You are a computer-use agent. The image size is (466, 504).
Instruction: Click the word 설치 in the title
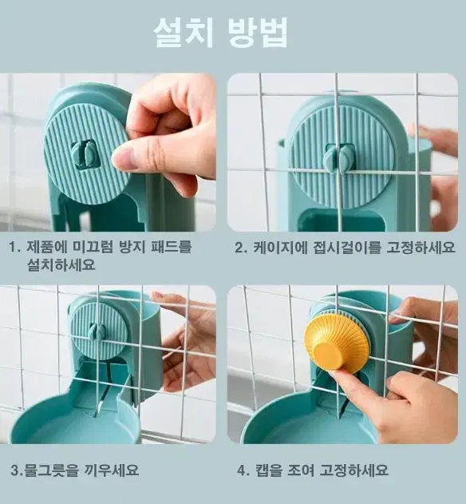click(184, 33)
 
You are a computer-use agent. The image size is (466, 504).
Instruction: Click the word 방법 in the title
click(258, 33)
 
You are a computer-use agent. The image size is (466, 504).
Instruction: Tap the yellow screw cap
click(338, 344)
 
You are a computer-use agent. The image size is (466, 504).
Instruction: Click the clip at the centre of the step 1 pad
click(84, 155)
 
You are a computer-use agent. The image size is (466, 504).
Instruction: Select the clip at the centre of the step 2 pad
click(339, 158)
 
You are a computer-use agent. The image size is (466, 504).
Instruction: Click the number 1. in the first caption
click(15, 247)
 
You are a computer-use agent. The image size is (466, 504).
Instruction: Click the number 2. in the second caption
click(241, 248)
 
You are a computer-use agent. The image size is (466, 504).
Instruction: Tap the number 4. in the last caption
click(243, 470)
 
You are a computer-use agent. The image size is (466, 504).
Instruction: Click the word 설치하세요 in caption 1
click(61, 264)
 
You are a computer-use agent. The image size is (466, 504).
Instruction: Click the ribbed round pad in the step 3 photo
click(99, 331)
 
